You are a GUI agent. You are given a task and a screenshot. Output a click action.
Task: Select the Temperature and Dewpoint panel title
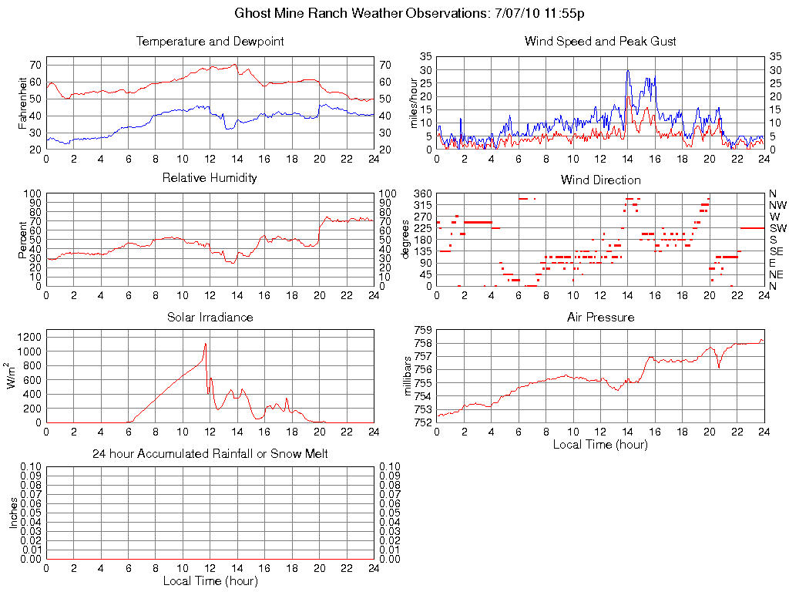tap(210, 42)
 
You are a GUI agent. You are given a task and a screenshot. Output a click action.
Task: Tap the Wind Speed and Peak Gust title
tap(600, 42)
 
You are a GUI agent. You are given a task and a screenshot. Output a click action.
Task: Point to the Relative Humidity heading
tap(210, 178)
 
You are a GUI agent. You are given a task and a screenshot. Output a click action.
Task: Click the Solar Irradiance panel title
tap(210, 317)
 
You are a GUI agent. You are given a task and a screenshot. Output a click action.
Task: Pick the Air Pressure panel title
tap(600, 317)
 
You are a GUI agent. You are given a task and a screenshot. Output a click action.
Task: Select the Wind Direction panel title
tap(600, 180)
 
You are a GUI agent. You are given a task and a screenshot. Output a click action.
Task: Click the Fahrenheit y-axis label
tap(24, 103)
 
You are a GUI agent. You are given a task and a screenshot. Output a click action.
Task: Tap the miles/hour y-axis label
tap(414, 103)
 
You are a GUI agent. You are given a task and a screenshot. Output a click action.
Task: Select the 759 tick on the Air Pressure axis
tap(421, 330)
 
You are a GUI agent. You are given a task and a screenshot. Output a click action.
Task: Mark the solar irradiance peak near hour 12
tap(206, 344)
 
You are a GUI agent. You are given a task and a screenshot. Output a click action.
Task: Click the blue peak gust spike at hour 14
tap(627, 71)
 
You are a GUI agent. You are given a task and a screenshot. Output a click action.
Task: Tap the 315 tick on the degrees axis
tap(421, 205)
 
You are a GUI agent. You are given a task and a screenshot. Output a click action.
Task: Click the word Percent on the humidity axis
tap(24, 240)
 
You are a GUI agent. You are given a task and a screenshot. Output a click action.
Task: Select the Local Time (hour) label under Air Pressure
tap(600, 444)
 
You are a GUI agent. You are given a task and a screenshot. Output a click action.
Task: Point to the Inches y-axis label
tap(14, 513)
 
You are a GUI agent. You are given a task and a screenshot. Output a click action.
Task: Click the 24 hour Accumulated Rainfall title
tap(210, 454)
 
